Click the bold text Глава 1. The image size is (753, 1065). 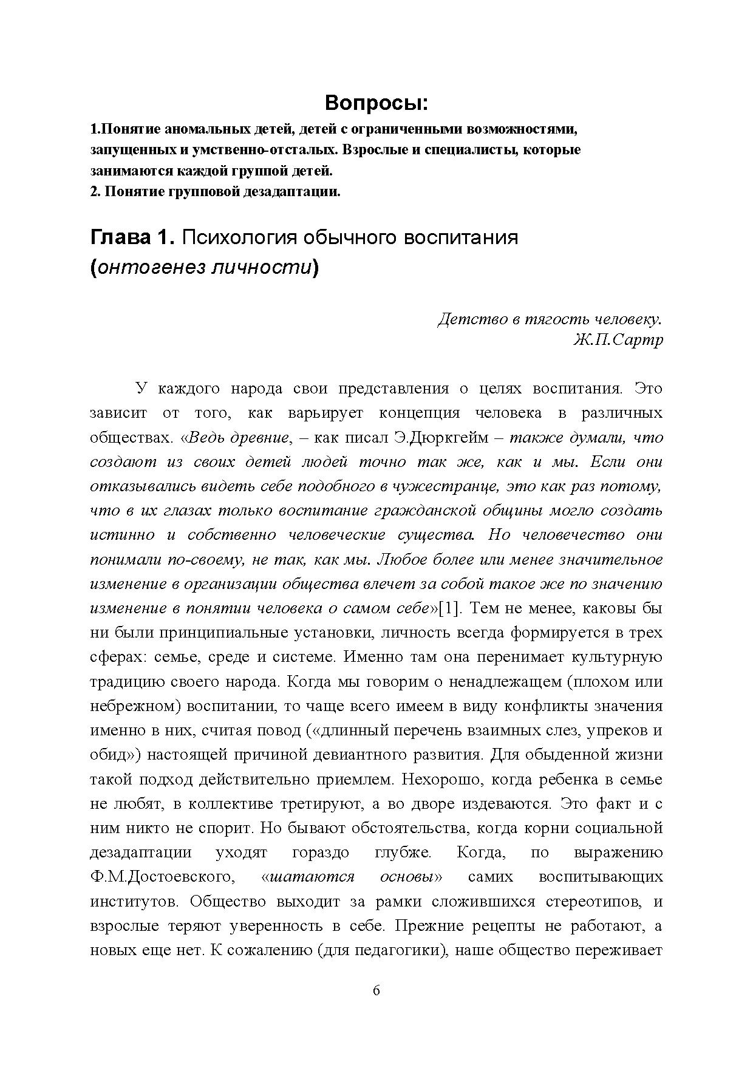click(x=132, y=237)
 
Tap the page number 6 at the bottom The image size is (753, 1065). click(x=376, y=991)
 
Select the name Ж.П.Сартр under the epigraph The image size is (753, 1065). click(x=618, y=339)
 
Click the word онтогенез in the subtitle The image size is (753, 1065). click(x=149, y=267)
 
